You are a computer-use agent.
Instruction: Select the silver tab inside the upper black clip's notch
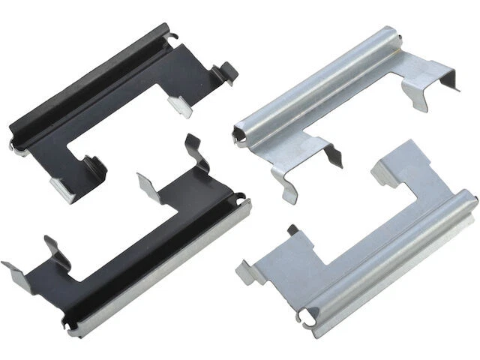pyautogui.click(x=178, y=105)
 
